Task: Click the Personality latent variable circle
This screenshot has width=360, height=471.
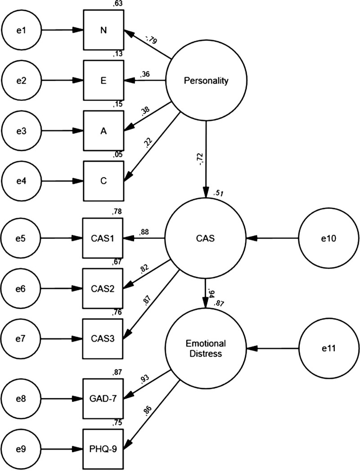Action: coord(206,81)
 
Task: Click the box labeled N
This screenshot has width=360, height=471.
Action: coord(103,31)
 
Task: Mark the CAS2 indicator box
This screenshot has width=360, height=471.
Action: coord(103,288)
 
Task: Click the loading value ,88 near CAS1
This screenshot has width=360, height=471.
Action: coord(144,232)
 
